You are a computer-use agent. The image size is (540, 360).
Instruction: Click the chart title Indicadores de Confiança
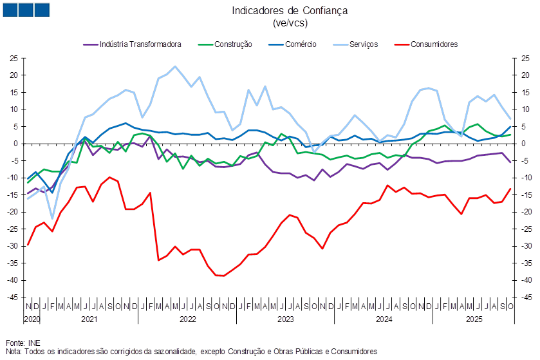tap(289, 10)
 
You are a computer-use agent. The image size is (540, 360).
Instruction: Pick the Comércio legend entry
tap(300, 44)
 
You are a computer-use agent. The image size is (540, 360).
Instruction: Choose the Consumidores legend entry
tap(434, 44)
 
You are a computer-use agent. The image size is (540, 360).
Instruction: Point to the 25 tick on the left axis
tap(13, 59)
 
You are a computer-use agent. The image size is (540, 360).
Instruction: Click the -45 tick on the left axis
tap(13, 298)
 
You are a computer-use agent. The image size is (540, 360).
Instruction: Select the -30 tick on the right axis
tap(526, 246)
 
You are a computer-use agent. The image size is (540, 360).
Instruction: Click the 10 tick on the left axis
tap(13, 109)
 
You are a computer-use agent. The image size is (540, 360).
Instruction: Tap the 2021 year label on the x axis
tap(89, 318)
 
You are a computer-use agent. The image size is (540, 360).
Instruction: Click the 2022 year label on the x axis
tap(187, 318)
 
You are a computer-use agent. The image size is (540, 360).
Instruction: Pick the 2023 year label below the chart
tap(285, 318)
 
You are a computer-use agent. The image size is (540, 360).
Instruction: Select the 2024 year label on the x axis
tap(383, 318)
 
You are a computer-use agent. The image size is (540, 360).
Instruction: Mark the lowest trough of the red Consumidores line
tap(221, 276)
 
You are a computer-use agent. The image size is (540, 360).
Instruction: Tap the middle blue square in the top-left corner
tap(25, 10)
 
